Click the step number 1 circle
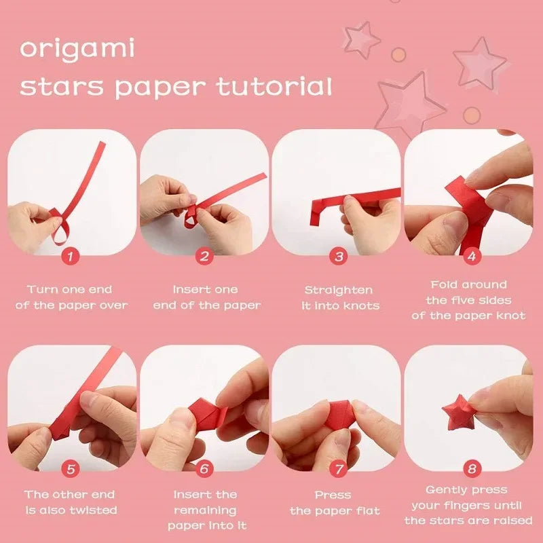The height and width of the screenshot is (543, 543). pos(71,256)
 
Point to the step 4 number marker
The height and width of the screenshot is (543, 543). pos(471,256)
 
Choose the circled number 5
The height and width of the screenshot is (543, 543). pos(71,468)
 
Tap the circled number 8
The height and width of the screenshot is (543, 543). pos(471,468)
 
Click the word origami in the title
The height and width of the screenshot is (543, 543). pos(77,50)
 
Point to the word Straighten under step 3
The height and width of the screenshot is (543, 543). pos(339,290)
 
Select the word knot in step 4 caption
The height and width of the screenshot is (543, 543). pos(511,316)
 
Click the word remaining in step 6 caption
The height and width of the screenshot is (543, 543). pos(206,510)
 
